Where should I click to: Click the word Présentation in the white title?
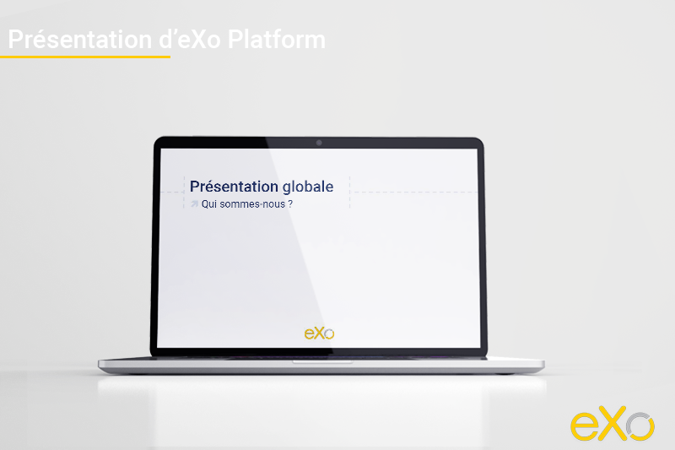pos(80,39)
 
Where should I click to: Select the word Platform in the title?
pos(277,39)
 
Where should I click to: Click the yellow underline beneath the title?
pos(85,57)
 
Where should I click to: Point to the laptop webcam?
pos(319,143)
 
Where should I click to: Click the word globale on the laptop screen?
pos(308,187)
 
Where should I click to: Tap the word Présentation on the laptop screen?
pos(235,187)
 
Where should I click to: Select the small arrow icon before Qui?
pos(195,203)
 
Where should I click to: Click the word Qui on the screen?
pos(209,204)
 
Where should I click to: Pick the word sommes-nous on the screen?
pos(252,204)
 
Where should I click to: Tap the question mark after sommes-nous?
pos(290,204)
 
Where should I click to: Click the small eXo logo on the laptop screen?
pos(319,333)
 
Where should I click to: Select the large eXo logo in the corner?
pos(613,426)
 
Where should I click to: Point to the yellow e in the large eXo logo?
pos(584,426)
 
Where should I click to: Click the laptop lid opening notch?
pos(322,362)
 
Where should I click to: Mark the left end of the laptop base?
pos(99,366)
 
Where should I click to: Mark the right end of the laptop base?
pos(543,366)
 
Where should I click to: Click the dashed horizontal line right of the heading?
pos(416,192)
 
